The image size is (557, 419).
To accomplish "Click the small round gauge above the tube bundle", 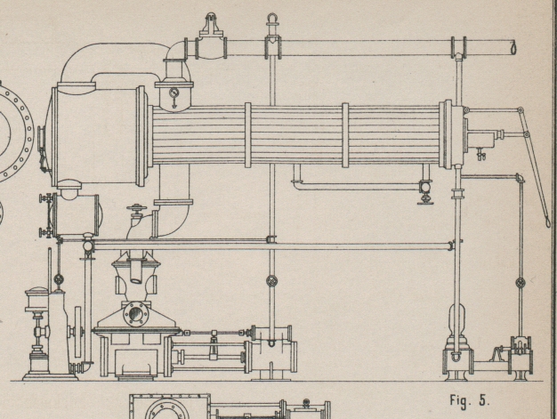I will (174, 92).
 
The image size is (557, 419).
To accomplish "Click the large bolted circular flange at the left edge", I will (12, 132).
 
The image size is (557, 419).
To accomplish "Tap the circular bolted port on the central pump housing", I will (135, 314).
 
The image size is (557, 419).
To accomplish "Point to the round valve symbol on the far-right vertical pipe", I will (521, 283).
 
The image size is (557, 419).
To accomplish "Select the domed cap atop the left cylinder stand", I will (36, 294).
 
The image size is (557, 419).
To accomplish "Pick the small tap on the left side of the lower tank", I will (42, 197).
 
